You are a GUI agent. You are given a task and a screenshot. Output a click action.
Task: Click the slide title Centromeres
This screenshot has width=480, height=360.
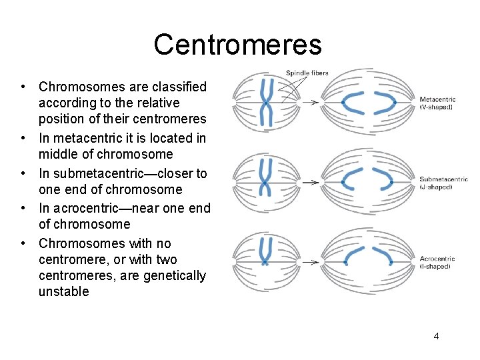pos(237,45)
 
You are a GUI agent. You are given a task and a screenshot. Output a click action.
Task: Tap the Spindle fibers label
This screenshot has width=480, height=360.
pos(307,73)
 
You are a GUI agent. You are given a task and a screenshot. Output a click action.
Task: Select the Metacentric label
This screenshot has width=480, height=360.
pos(437,100)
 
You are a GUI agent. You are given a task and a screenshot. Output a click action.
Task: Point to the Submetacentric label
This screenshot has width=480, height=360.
pos(443,179)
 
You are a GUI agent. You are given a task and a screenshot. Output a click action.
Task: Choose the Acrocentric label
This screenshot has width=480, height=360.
pos(437,259)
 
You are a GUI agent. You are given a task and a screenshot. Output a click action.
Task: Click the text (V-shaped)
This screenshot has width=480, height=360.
pos(436,107)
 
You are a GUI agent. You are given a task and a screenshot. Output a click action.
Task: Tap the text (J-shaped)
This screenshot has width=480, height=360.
pos(436,187)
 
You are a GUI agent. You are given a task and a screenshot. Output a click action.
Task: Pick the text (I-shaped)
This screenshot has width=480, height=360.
pos(435,267)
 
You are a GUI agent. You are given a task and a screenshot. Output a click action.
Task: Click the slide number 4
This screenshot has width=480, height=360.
pos(436,336)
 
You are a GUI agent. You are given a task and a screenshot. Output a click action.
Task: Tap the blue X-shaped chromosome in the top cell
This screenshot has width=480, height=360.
pos(267,103)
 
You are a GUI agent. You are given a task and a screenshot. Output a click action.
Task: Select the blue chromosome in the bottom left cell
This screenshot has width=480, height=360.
pos(266,257)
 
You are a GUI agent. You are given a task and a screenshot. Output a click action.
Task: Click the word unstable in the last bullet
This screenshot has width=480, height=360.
pos(63,292)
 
